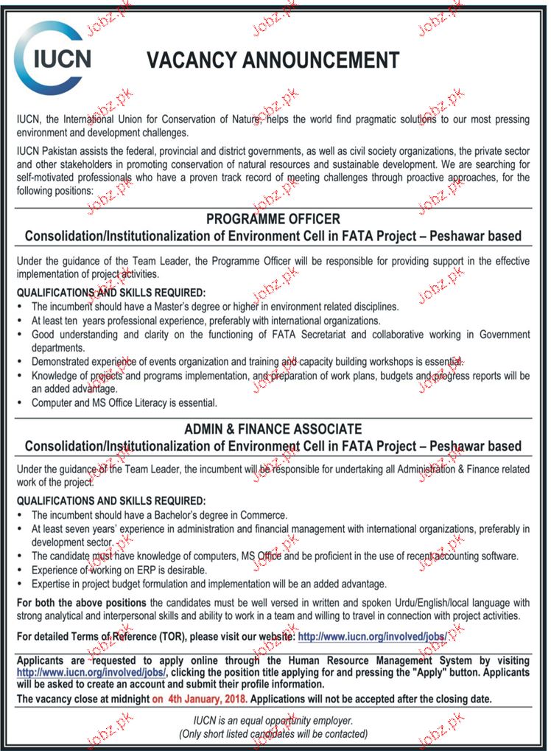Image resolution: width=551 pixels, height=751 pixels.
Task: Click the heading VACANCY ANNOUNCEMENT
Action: [x=273, y=60]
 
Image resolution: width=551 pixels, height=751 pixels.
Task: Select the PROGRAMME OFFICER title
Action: [x=273, y=219]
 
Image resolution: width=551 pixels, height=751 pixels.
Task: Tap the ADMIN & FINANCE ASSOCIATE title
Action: [x=273, y=428]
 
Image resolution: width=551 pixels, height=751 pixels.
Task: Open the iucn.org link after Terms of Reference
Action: [x=372, y=635]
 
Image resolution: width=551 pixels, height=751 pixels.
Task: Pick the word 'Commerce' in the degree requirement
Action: [x=264, y=515]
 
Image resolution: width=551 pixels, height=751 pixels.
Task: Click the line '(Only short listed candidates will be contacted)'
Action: [x=273, y=733]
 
